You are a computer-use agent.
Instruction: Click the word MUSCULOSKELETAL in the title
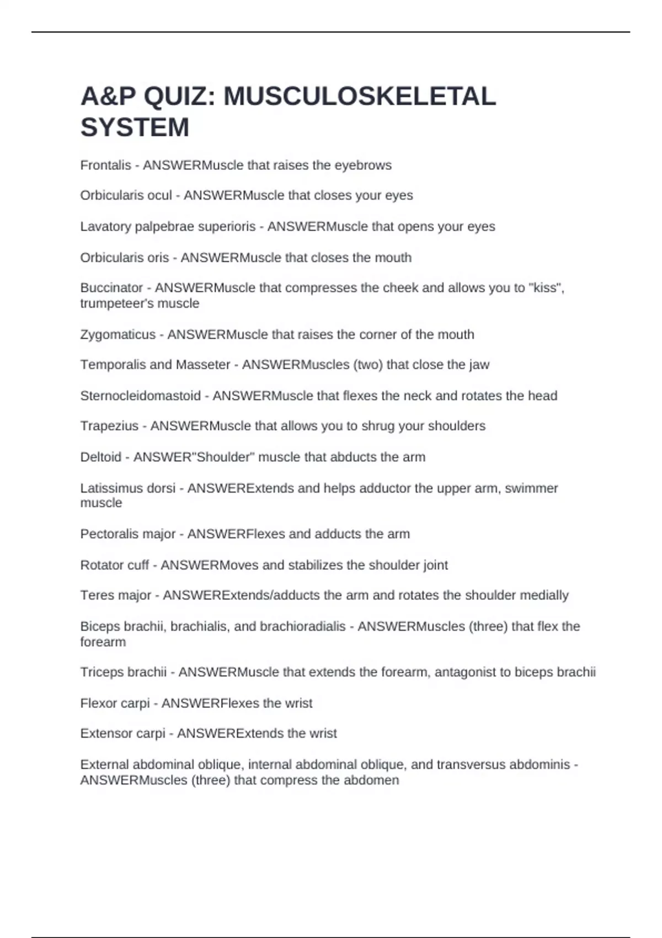(x=359, y=97)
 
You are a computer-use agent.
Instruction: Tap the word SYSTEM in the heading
(x=135, y=127)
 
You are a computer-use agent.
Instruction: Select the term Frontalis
(x=105, y=166)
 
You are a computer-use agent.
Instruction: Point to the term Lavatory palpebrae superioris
(x=168, y=227)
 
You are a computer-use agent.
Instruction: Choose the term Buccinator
(x=111, y=288)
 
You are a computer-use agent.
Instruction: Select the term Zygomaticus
(x=118, y=334)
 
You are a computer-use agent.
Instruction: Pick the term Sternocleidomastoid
(x=140, y=396)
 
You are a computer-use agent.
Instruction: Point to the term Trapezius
(x=109, y=426)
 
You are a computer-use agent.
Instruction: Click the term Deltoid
(x=100, y=457)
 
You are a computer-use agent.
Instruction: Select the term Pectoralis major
(x=127, y=534)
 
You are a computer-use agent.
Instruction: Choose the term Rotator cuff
(x=114, y=565)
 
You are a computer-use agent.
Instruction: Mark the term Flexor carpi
(x=115, y=703)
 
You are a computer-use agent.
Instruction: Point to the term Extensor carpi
(x=122, y=733)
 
